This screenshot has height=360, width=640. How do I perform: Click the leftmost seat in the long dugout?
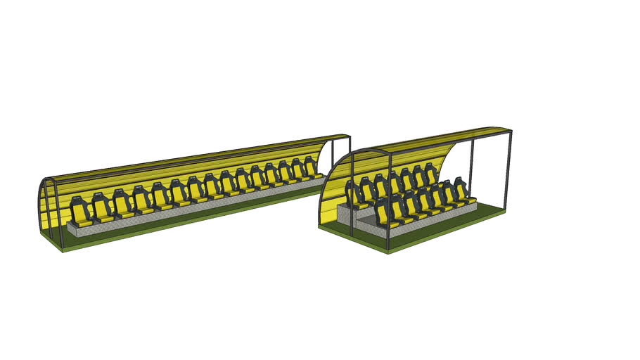coord(79,212)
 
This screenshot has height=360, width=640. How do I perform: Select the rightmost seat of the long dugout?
coord(310,169)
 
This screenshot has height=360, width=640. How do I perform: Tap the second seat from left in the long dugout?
coord(102,207)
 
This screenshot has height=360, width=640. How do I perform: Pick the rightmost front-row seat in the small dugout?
coord(461,191)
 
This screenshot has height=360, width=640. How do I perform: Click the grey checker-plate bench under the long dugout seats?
coord(176,214)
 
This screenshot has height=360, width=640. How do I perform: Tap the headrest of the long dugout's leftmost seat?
coord(78,202)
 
